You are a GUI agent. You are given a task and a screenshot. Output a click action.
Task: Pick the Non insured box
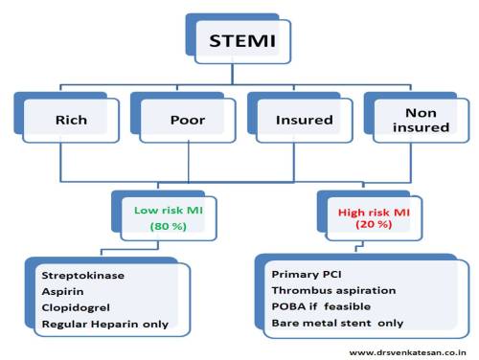[409, 120]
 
